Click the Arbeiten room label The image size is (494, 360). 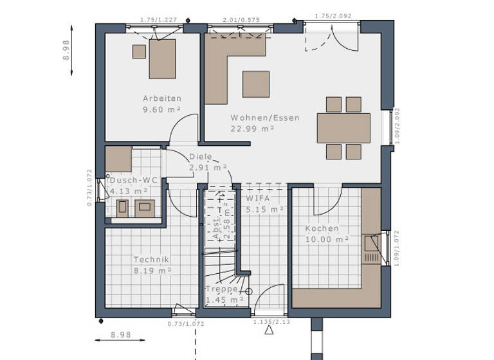click(x=162, y=98)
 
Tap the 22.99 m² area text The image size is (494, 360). click(x=253, y=129)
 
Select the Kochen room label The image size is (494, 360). click(x=322, y=228)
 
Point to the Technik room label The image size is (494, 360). click(x=151, y=260)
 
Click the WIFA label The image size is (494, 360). click(x=257, y=199)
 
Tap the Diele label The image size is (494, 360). click(x=200, y=157)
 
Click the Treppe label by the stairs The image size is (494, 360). click(x=221, y=290)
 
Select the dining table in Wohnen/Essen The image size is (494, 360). click(x=343, y=127)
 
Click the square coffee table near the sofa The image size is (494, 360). click(x=255, y=84)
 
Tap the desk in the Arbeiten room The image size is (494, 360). click(x=162, y=59)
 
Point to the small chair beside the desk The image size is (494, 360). click(x=139, y=52)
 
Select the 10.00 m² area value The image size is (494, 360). click(x=327, y=239)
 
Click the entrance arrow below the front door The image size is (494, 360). click(x=269, y=330)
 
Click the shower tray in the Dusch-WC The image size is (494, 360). click(x=118, y=159)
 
